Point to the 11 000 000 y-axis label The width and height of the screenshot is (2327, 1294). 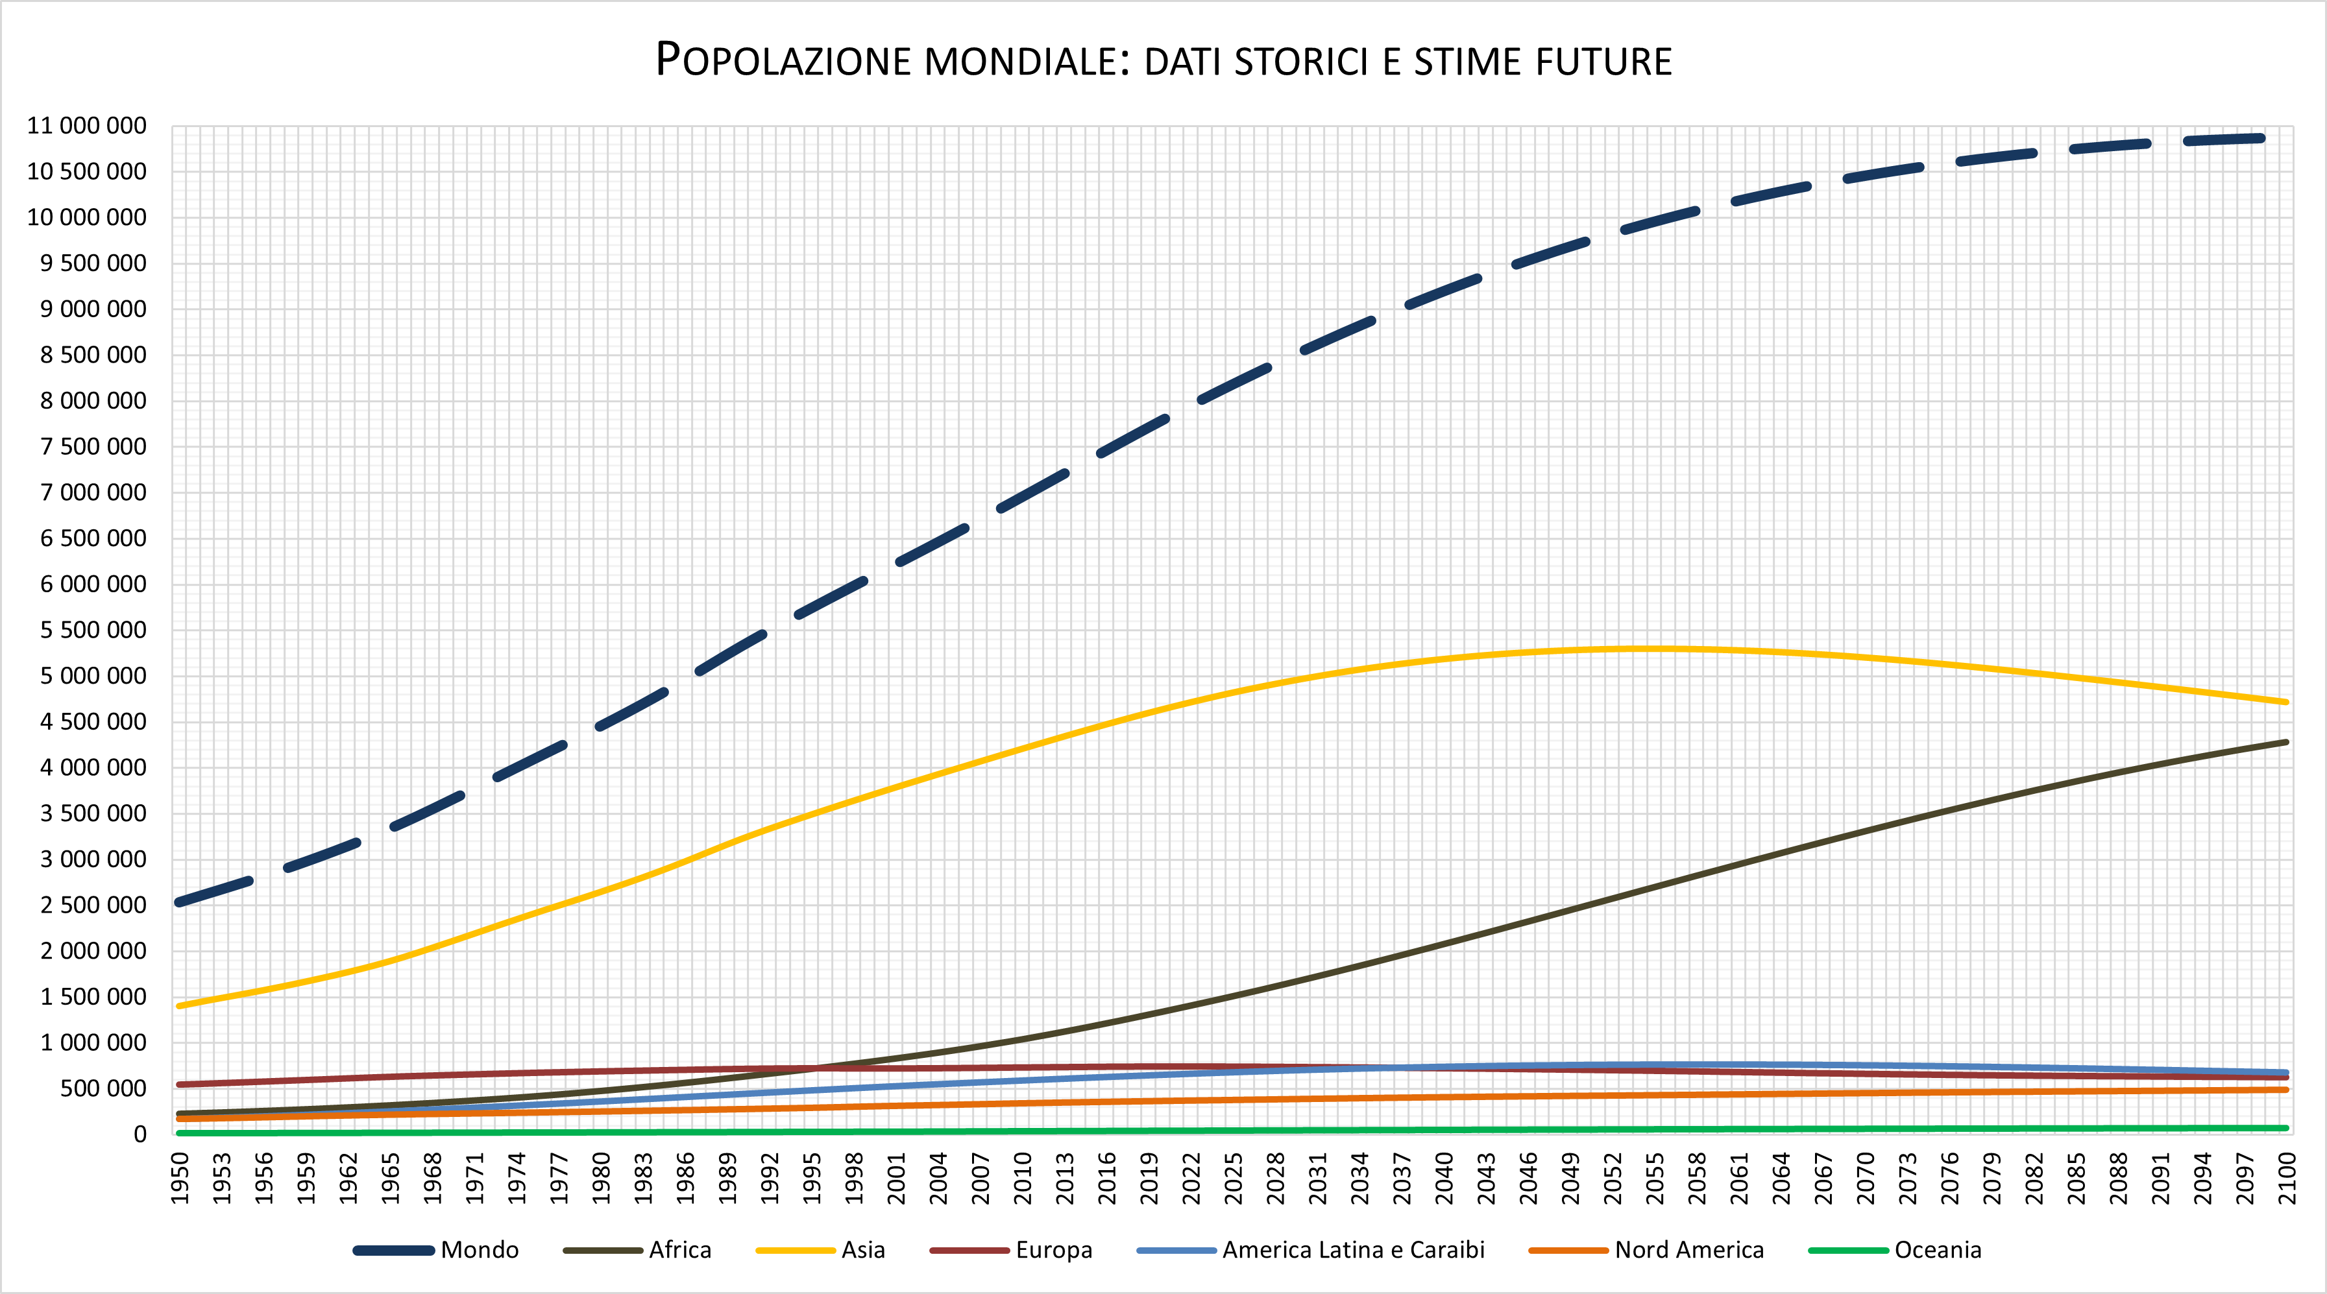pyautogui.click(x=87, y=126)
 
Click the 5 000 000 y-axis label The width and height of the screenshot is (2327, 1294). pyautogui.click(x=93, y=675)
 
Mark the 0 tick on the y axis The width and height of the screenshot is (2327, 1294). pyautogui.click(x=140, y=1134)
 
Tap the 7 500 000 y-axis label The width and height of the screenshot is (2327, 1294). pyautogui.click(x=93, y=446)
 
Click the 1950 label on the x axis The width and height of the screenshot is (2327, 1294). pyautogui.click(x=180, y=1177)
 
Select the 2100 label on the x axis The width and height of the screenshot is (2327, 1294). pyautogui.click(x=2286, y=1177)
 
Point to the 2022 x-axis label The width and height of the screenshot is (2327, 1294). pyautogui.click(x=1191, y=1177)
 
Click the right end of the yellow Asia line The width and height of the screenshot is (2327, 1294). pyautogui.click(x=2285, y=702)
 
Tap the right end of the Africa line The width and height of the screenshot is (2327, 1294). pyautogui.click(x=2285, y=742)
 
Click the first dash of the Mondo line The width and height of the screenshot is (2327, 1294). pyautogui.click(x=213, y=891)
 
